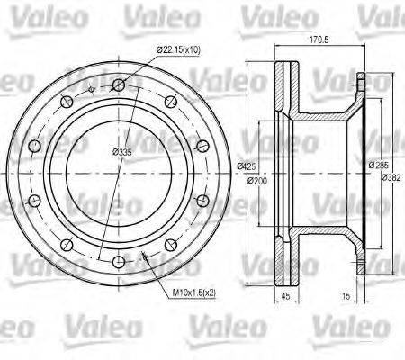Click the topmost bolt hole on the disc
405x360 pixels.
118,85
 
